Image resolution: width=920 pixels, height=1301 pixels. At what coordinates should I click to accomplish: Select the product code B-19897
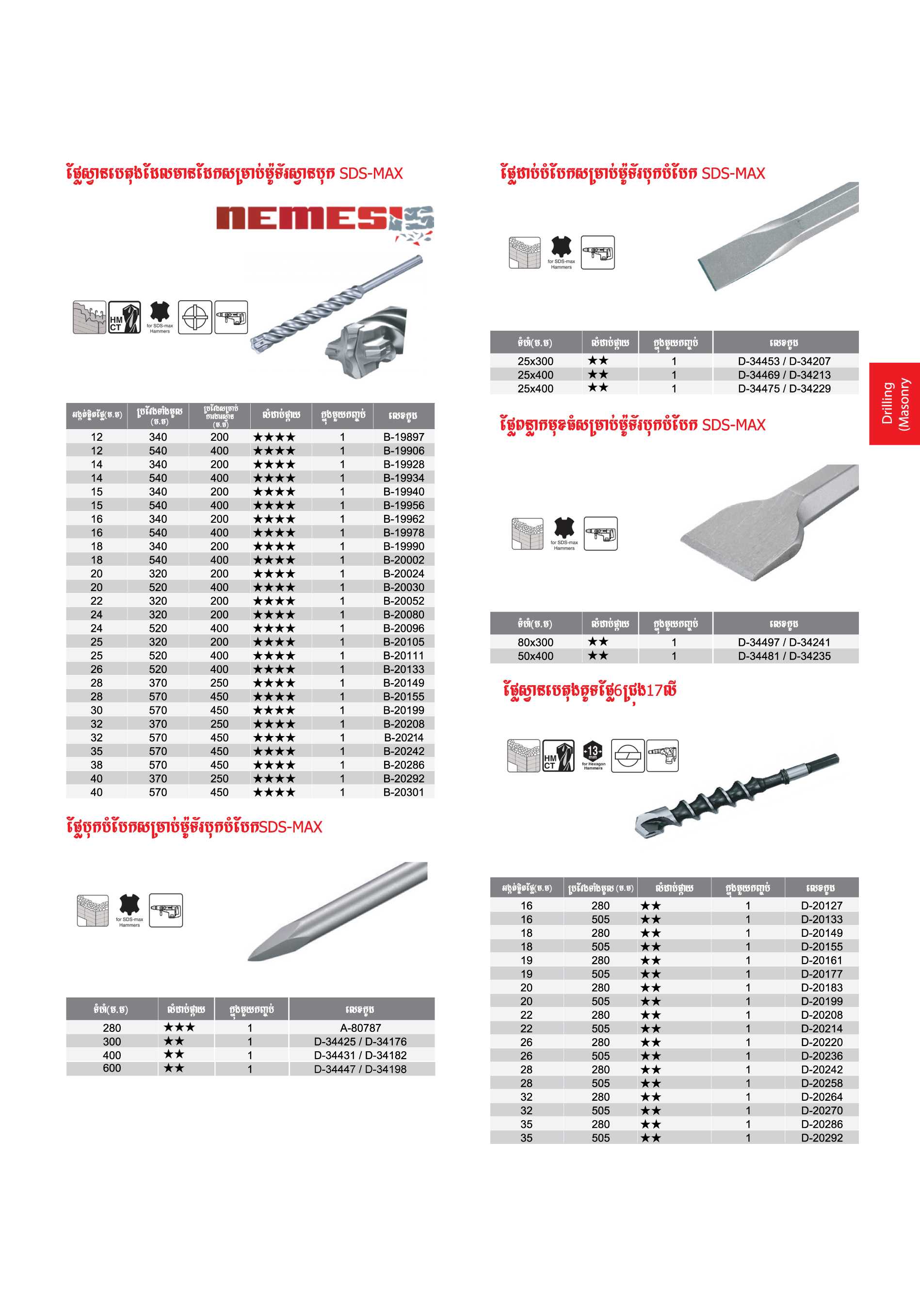403,437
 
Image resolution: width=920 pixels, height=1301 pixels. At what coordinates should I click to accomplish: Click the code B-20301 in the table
403,792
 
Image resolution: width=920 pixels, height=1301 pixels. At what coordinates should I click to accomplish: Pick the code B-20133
403,669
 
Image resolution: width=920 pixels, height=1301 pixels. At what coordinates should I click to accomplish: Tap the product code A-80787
360,1028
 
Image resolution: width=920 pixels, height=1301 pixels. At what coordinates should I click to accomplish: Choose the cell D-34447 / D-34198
360,1069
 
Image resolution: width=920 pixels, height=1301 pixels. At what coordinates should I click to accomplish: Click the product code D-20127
822,905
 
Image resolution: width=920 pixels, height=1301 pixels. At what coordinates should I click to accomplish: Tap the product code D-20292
822,1138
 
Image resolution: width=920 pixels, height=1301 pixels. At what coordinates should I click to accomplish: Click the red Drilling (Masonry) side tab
894,403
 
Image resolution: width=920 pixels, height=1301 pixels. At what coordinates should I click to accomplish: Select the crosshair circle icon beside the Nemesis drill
195,317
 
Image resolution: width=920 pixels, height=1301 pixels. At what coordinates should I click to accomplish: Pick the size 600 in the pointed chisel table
112,1068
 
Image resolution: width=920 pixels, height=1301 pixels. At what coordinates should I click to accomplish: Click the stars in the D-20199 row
651,1001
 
